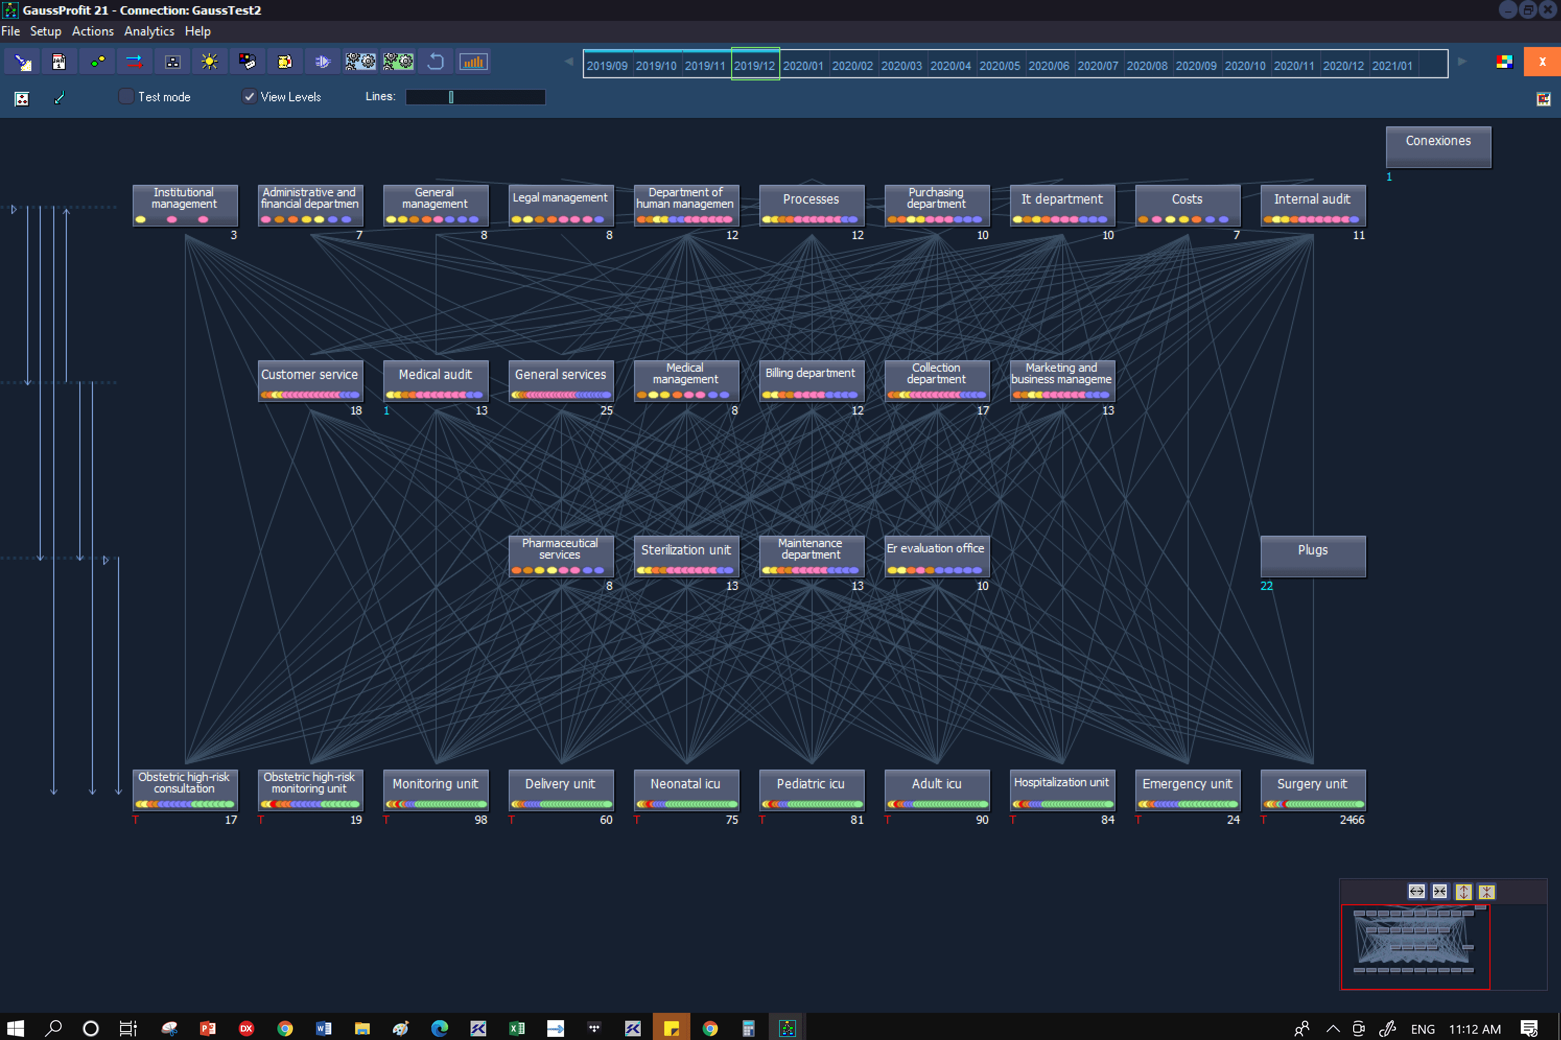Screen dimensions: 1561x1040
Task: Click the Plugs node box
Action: (1312, 556)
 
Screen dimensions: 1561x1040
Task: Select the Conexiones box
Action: (1438, 147)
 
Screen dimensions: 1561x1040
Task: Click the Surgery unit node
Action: (1312, 789)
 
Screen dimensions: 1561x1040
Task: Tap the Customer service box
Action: (310, 381)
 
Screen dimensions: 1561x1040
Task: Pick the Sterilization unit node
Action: (686, 556)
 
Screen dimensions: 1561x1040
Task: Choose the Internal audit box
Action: (1312, 205)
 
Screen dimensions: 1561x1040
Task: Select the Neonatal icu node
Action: (686, 789)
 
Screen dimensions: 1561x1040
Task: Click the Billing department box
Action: (812, 381)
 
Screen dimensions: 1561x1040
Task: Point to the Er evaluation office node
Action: (937, 556)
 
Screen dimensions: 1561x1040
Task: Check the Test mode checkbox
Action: (126, 97)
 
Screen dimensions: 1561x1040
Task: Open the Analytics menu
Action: (149, 31)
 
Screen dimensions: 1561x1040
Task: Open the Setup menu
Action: (45, 31)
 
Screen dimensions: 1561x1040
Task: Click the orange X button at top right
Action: (1542, 62)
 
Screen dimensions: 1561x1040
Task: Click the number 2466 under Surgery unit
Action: (1352, 820)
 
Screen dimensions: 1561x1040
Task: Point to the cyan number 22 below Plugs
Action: (1266, 586)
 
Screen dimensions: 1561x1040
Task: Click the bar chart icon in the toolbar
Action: (473, 62)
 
